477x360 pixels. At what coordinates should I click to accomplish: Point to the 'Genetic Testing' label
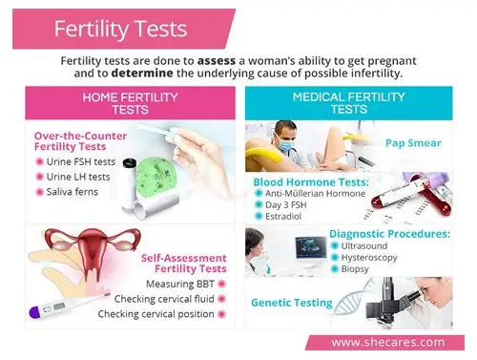[291, 303]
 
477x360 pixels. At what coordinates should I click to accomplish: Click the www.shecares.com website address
[386, 342]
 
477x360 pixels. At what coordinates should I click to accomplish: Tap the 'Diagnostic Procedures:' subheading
[389, 232]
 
